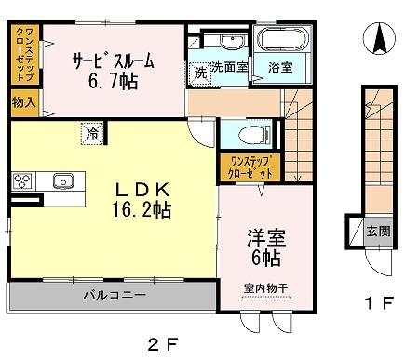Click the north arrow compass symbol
[380, 39]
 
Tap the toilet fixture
[254, 135]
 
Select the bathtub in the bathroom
[283, 39]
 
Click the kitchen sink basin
[62, 180]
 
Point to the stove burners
[22, 180]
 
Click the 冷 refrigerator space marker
[92, 134]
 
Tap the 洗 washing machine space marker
[200, 73]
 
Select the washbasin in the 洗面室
[231, 42]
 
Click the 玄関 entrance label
[378, 232]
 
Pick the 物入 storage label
[24, 102]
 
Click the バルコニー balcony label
[115, 294]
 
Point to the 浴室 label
[280, 67]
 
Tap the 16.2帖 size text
[142, 210]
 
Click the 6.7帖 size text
[113, 81]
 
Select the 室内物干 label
[265, 288]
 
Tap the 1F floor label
[379, 302]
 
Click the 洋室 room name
[266, 238]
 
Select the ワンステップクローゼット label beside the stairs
[250, 167]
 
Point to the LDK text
[142, 190]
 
